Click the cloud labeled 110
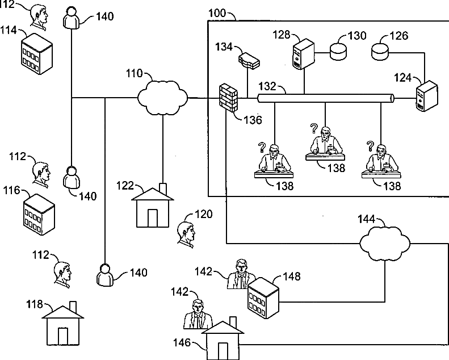pyautogui.click(x=162, y=98)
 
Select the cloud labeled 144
pyautogui.click(x=384, y=244)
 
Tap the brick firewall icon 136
pyautogui.click(x=228, y=97)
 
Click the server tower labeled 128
pyautogui.click(x=304, y=54)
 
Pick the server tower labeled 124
pyautogui.click(x=427, y=95)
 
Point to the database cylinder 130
pyautogui.click(x=338, y=52)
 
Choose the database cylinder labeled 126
pyautogui.click(x=380, y=52)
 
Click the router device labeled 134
pyautogui.click(x=249, y=60)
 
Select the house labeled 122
pyautogui.click(x=153, y=206)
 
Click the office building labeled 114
pyautogui.click(x=37, y=54)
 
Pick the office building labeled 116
pyautogui.click(x=39, y=215)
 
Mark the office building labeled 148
pyautogui.click(x=263, y=298)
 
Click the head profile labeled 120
pyautogui.click(x=186, y=235)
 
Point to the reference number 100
pyautogui.click(x=217, y=13)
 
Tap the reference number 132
pyautogui.click(x=267, y=86)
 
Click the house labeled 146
pyautogui.click(x=223, y=338)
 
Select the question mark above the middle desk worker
pyautogui.click(x=314, y=128)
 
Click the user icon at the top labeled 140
pyautogui.click(x=71, y=18)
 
